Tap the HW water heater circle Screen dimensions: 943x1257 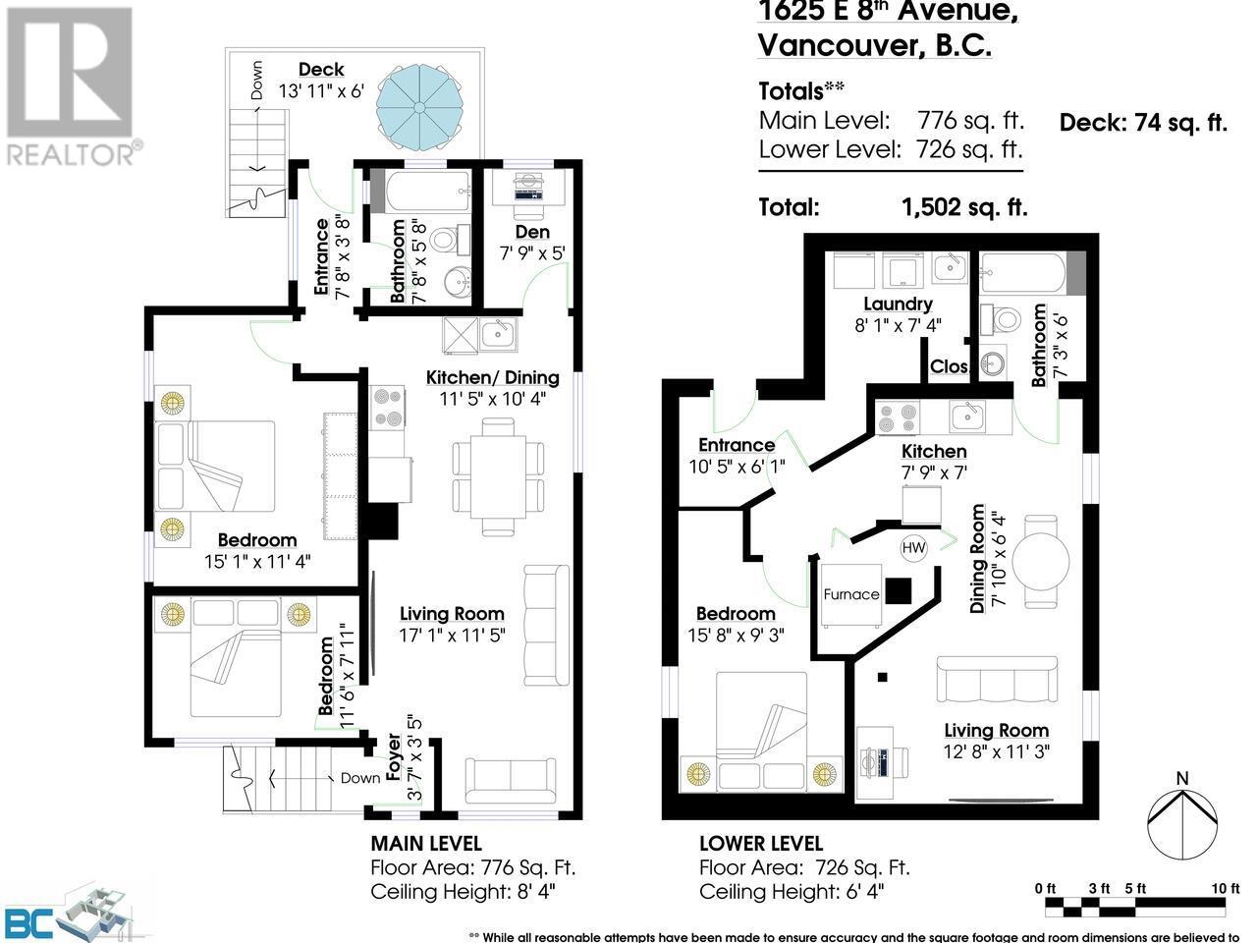[x=913, y=547]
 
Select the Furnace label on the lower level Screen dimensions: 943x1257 [x=851, y=594]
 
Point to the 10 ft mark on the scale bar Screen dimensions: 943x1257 [x=1225, y=888]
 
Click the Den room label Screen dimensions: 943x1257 [x=531, y=232]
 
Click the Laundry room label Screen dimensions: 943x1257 [x=898, y=305]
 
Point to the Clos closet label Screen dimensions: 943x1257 [x=951, y=366]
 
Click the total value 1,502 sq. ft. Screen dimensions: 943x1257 [x=964, y=207]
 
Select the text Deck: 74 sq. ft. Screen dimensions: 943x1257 [x=1143, y=123]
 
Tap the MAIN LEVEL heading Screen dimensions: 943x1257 [x=425, y=843]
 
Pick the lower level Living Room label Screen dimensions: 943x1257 [x=996, y=730]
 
